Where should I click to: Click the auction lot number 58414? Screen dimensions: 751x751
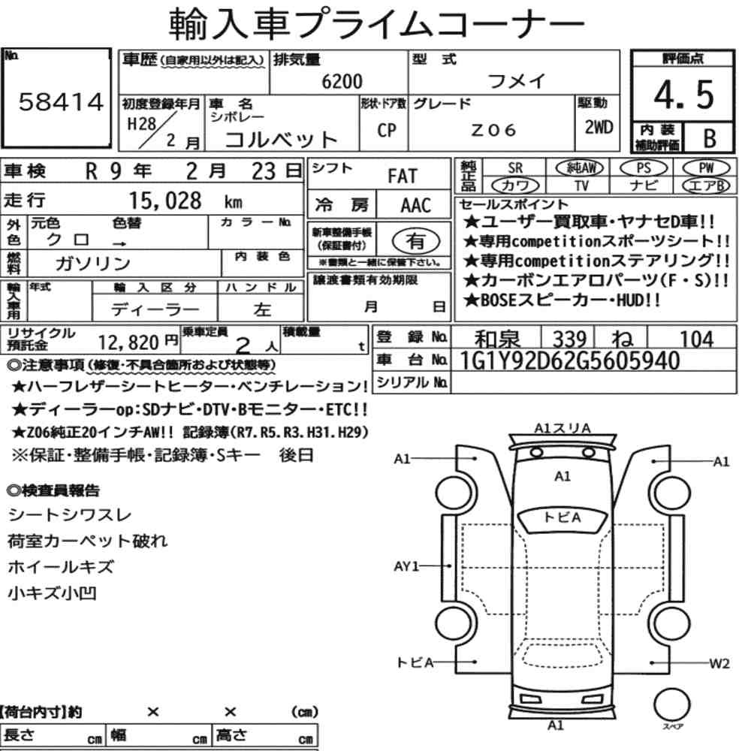(61, 102)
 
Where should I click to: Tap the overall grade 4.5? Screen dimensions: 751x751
(683, 95)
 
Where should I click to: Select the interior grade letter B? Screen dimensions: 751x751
(710, 138)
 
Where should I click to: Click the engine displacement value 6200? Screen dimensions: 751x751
(342, 81)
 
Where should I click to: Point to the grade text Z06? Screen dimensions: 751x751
(493, 130)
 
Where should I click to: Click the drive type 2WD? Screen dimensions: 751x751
(599, 127)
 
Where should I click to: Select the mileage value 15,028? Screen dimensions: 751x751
(165, 201)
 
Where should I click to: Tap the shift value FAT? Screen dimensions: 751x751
(403, 176)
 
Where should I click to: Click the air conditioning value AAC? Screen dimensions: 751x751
(415, 206)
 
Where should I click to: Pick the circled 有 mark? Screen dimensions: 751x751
(415, 241)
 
